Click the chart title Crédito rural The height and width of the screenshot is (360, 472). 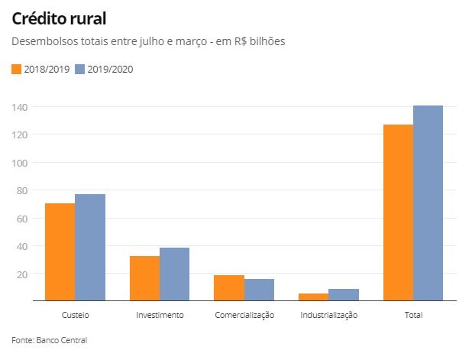pos(59,18)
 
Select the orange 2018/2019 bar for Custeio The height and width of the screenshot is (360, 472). pos(60,252)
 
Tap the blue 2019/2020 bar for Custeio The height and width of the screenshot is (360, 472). pos(90,248)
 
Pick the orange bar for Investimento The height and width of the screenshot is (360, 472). pos(144,278)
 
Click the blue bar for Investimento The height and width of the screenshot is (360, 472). pos(175,274)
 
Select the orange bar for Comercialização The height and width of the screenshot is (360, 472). pos(229,288)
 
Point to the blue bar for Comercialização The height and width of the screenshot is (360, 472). pos(259,290)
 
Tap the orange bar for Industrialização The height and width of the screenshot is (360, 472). pos(313,297)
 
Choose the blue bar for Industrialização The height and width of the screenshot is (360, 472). pos(344,295)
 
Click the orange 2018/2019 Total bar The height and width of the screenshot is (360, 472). pos(398,213)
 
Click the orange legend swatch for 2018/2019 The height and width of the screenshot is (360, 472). pos(17,70)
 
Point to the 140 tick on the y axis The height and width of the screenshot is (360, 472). pos(20,107)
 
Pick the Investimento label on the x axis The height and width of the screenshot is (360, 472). pos(160,315)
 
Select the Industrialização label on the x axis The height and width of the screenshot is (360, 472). pos(328,315)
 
